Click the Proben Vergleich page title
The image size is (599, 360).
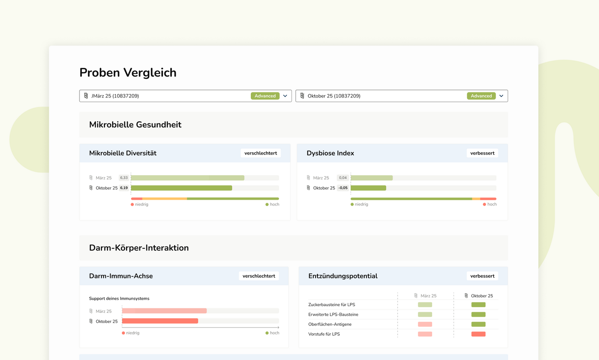pos(128,72)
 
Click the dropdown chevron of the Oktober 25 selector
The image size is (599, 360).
pos(501,96)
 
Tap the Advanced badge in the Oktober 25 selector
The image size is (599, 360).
pos(481,96)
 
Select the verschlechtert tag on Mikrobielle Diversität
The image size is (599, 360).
pos(260,153)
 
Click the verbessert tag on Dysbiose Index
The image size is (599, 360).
pos(482,153)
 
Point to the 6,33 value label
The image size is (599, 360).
pos(124,178)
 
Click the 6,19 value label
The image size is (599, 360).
pos(124,188)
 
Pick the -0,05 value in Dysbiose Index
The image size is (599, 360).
pos(343,188)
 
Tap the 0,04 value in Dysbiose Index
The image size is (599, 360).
pos(343,178)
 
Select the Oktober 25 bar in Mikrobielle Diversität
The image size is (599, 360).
pos(181,188)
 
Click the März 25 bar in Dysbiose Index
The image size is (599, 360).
pos(371,178)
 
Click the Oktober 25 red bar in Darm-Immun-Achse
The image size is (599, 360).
pos(160,321)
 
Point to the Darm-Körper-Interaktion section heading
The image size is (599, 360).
pos(139,248)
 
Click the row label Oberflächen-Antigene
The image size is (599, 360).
pos(330,324)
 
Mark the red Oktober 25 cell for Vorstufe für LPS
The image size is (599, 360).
pos(478,334)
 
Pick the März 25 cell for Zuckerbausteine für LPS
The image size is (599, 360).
pos(425,304)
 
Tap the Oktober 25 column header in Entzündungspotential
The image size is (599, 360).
pos(482,296)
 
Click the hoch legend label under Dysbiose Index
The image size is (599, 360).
pos(492,204)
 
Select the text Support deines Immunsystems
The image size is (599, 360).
pos(119,298)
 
